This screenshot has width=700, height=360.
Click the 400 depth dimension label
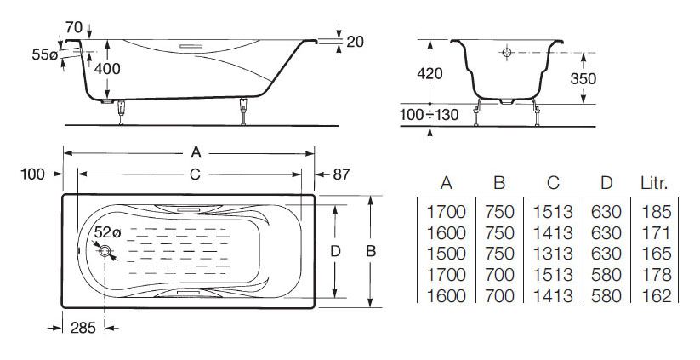point(107,69)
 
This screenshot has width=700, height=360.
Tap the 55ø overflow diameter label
point(44,55)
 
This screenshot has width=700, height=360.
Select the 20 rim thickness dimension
point(355,42)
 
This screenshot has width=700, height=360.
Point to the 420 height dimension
point(430,74)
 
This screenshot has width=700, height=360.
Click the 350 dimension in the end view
point(583,78)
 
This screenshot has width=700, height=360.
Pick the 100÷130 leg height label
point(429,115)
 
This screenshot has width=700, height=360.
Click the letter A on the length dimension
point(196,152)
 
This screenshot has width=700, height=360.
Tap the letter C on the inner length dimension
point(195,174)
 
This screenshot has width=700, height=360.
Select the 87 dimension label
point(341,174)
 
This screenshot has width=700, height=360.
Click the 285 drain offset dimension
point(83,328)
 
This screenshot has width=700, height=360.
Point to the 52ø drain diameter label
point(107,232)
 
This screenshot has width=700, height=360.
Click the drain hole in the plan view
point(105,250)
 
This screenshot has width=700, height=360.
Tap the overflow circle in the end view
point(507,53)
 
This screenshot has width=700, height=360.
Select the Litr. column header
point(654,184)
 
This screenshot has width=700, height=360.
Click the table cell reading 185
point(657,212)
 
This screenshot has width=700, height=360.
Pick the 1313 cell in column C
point(553,254)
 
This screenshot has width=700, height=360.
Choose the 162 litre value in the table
point(657,295)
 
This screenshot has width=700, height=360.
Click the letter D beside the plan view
point(335,251)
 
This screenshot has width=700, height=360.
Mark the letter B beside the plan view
point(371,251)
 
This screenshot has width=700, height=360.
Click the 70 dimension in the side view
point(74,28)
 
